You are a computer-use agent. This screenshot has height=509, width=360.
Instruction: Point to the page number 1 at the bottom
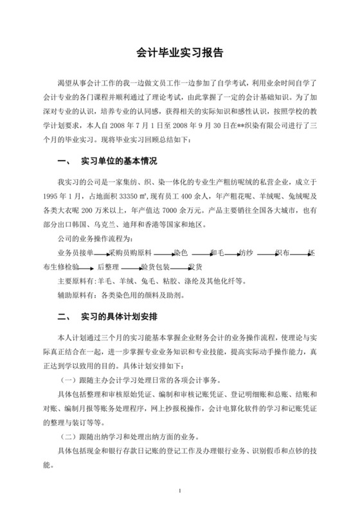click(181, 492)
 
